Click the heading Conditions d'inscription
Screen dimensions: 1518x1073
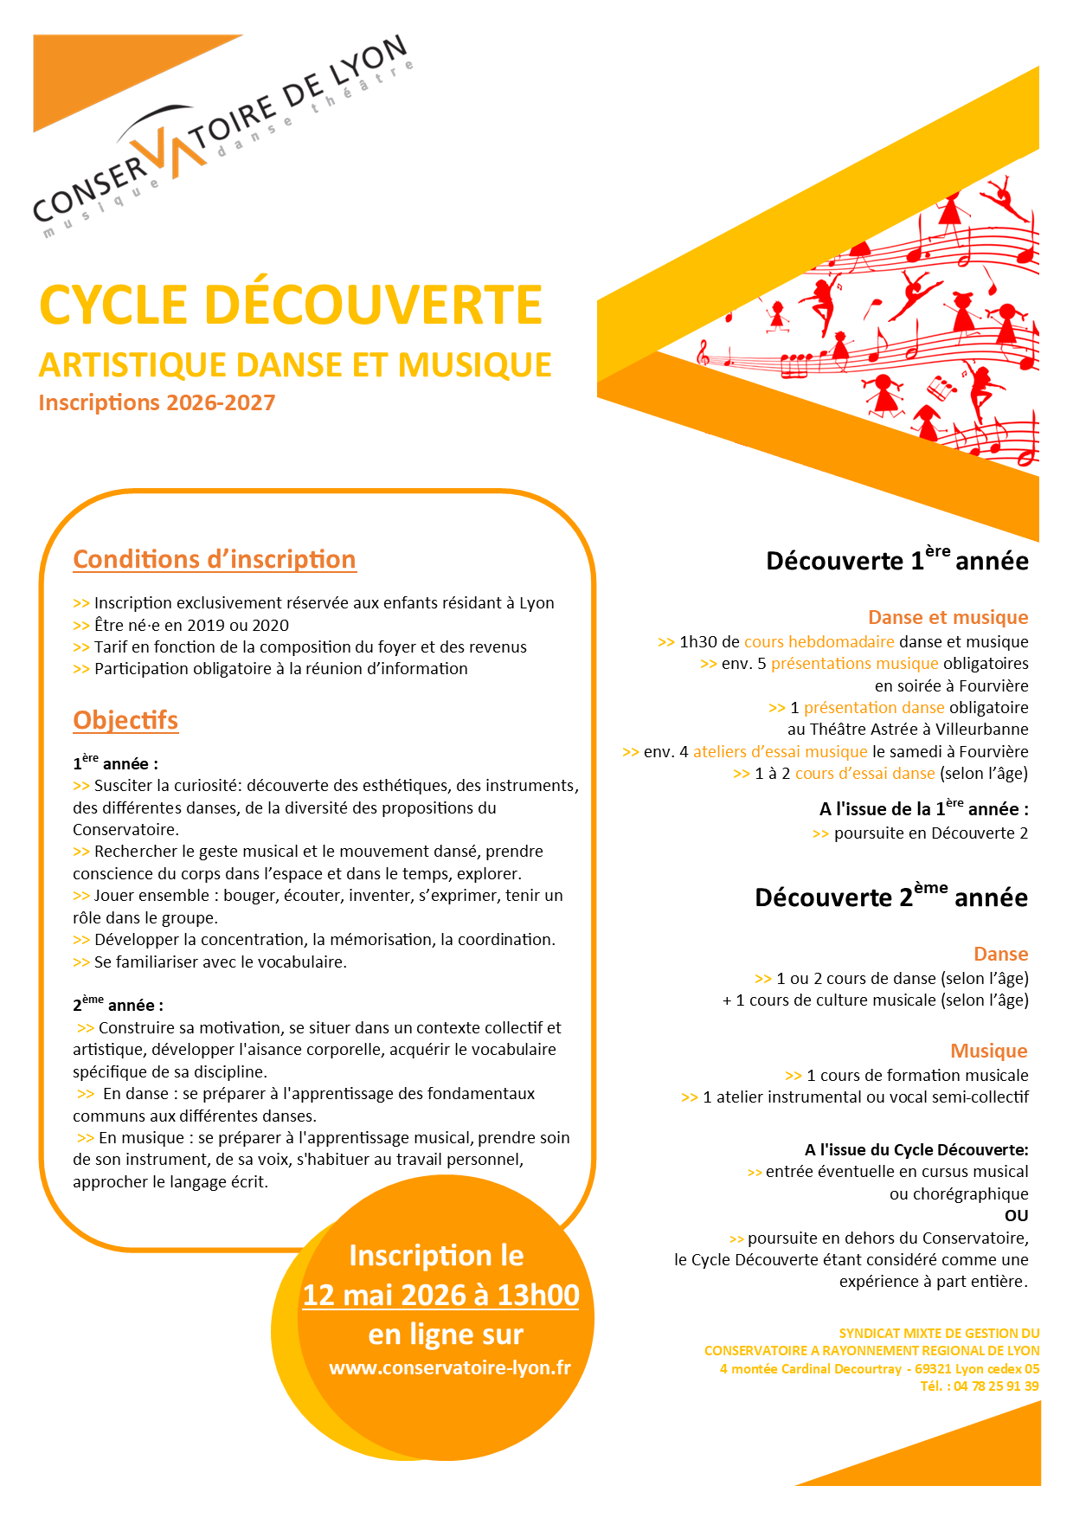(x=214, y=560)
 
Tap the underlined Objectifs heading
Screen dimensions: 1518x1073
(x=125, y=721)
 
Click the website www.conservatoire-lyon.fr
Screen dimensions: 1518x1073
(x=450, y=1367)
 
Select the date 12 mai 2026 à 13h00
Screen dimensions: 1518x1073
(x=440, y=1295)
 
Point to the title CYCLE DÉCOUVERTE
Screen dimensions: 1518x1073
(x=291, y=306)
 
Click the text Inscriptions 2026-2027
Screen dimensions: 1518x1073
(x=157, y=402)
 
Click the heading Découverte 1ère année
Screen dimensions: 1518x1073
(x=896, y=560)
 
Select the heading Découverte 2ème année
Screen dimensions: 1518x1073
(x=890, y=897)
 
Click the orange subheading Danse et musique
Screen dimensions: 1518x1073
(x=948, y=617)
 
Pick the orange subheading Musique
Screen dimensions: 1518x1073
(x=988, y=1051)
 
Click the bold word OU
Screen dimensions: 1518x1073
(x=1016, y=1215)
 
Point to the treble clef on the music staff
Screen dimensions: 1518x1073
(x=704, y=351)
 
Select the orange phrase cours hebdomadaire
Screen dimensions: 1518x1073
(x=819, y=641)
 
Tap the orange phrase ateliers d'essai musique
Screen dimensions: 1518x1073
(x=780, y=751)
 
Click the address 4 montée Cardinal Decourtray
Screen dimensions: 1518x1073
(x=810, y=1368)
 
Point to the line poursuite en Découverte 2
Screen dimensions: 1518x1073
(x=930, y=833)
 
